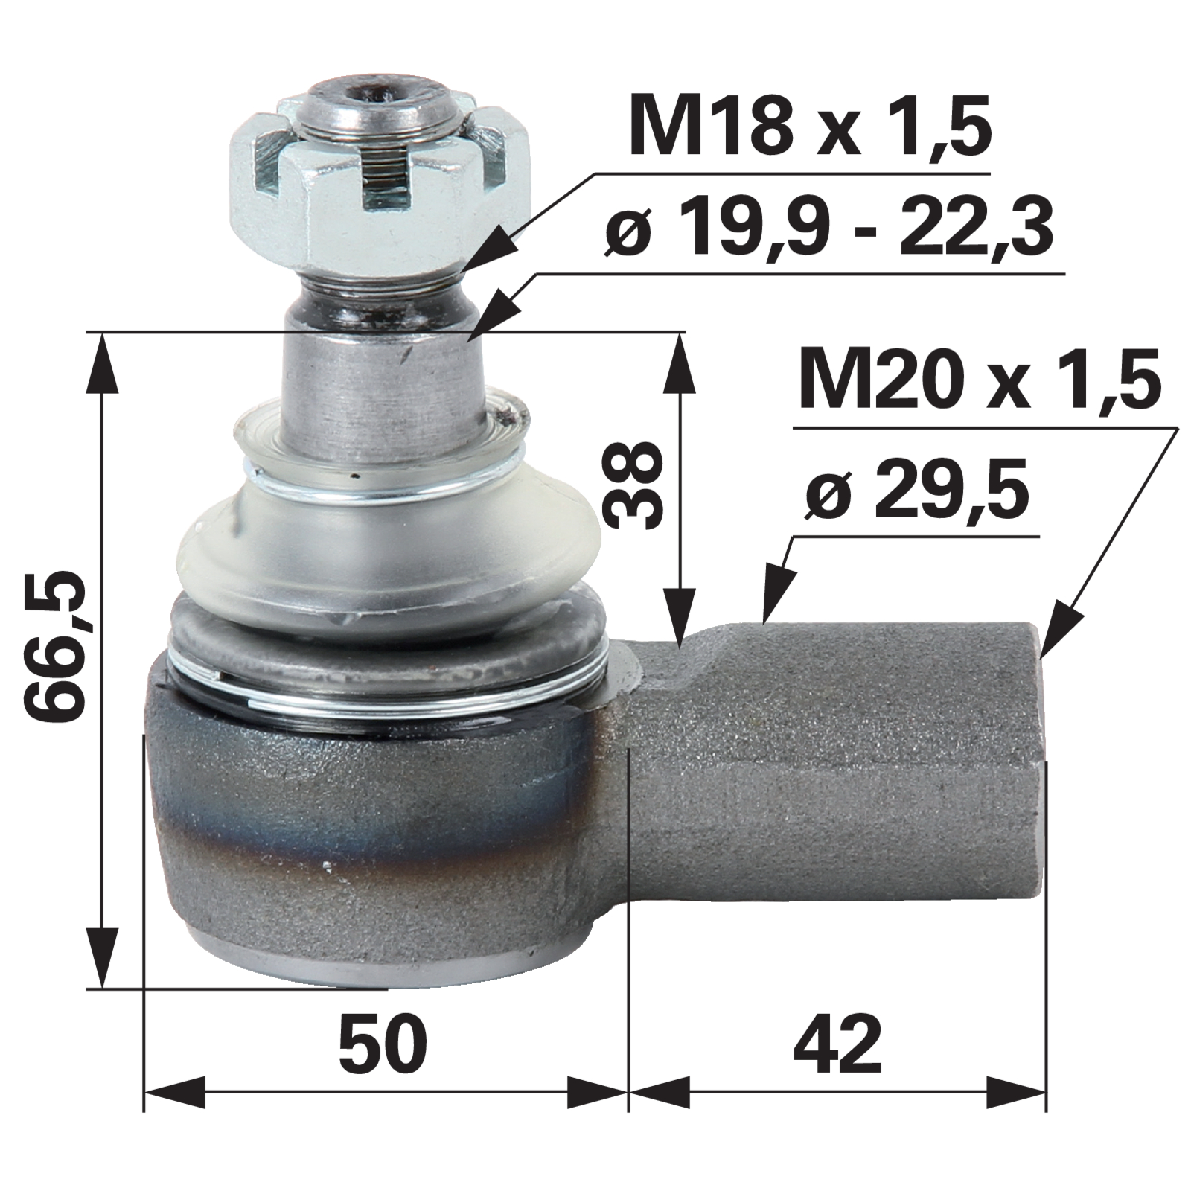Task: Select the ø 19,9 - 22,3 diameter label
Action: pos(830,226)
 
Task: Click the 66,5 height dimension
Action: pos(62,657)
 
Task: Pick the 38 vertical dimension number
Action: pos(632,484)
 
